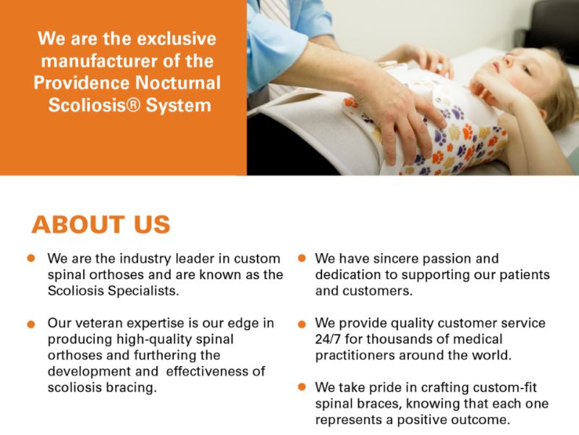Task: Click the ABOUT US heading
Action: (x=101, y=225)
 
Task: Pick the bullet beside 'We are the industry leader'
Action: (x=30, y=258)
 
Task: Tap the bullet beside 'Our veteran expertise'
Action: (x=30, y=323)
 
